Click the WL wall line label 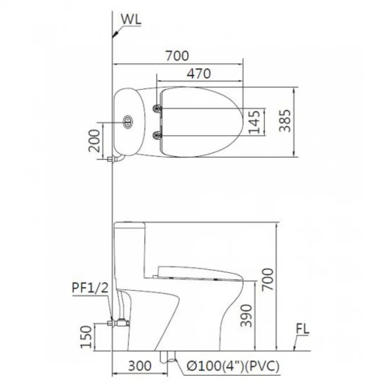click(131, 20)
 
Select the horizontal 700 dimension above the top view click(177, 56)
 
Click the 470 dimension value click(199, 73)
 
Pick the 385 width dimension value click(285, 121)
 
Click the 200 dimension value click(94, 140)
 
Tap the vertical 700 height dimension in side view click(268, 279)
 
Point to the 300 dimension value click(139, 366)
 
